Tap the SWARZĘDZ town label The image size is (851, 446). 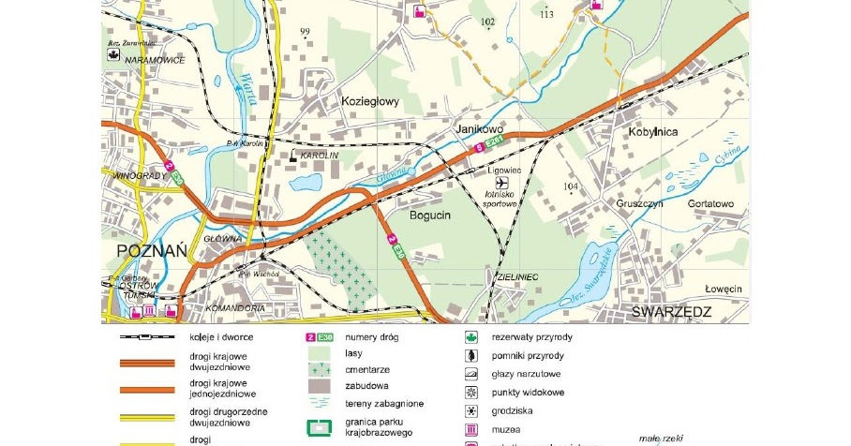coord(671,311)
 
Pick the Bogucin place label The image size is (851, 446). coord(430,215)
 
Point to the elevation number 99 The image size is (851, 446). coord(304,32)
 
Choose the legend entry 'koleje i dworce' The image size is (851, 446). coord(221,336)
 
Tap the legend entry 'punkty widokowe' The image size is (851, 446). coord(528,392)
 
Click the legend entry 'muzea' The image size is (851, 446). coord(505,429)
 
